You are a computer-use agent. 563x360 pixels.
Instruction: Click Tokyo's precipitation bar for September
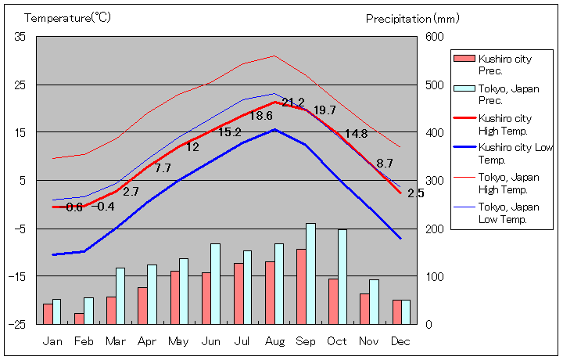tap(310, 273)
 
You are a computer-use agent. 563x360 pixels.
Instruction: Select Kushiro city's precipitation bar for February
tap(79, 319)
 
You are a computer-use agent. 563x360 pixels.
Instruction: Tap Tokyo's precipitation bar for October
tap(342, 276)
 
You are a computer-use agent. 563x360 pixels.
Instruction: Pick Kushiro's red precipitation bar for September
tap(301, 286)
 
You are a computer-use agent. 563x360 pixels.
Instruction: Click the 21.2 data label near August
tap(293, 103)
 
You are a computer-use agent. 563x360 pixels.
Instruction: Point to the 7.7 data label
tap(163, 167)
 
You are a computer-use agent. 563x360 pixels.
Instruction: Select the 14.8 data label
tap(356, 134)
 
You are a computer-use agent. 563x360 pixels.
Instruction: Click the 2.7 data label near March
tap(131, 191)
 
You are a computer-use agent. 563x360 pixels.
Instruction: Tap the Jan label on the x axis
tap(52, 341)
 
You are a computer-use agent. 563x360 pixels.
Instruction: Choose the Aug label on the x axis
tap(274, 341)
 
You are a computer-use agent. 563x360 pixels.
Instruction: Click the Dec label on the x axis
tap(400, 341)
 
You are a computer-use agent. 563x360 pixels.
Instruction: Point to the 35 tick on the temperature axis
tap(20, 37)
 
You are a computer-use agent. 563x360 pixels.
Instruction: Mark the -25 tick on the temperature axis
tap(17, 324)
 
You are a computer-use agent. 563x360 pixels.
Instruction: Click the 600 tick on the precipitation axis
tap(435, 37)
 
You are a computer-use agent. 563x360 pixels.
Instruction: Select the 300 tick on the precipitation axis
tap(435, 181)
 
